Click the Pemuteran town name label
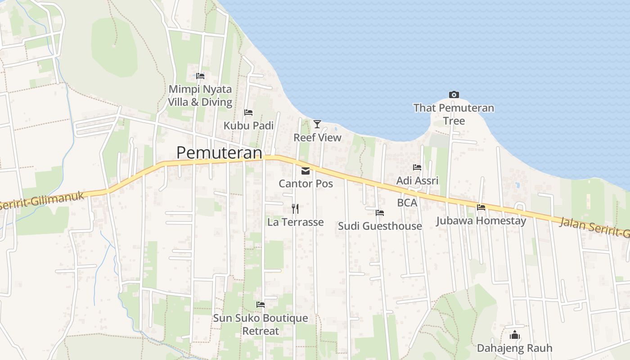coord(219,153)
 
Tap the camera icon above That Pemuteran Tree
coord(454,94)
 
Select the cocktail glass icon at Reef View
coord(317,124)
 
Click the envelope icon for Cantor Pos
coord(306,171)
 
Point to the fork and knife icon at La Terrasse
coord(295,208)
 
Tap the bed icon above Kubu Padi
coord(248,112)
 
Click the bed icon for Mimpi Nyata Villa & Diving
coord(200,76)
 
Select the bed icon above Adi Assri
coord(417,167)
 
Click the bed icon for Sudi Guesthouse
coord(380,213)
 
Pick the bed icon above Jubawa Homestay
coord(481,207)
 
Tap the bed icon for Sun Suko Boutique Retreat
coord(261,305)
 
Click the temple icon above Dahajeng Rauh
coord(515,335)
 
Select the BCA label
coord(407,203)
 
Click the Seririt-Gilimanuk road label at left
coord(43,200)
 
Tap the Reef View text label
coord(317,138)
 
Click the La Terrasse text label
coord(295,222)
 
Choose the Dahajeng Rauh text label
coord(514,348)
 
